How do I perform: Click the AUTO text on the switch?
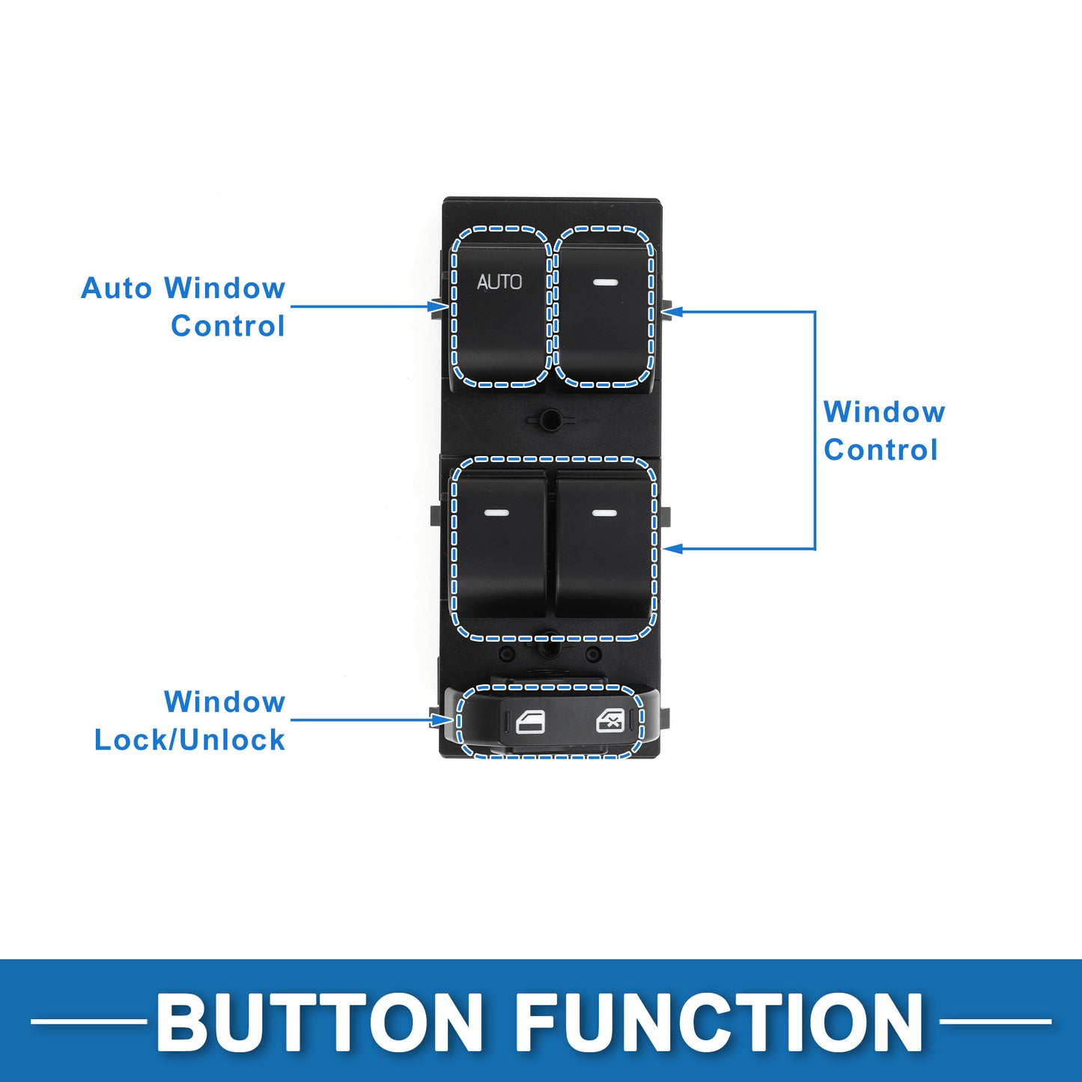point(499,282)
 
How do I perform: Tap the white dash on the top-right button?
point(605,282)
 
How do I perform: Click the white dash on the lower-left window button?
point(497,513)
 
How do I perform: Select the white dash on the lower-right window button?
point(604,513)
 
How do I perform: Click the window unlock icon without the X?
point(531,722)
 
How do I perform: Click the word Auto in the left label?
point(117,288)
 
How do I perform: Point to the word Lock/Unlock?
point(189,740)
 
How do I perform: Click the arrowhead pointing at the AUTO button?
point(437,306)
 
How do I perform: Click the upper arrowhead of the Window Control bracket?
point(672,311)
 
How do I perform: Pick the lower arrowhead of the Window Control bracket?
point(672,549)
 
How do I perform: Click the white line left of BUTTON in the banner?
point(88,1022)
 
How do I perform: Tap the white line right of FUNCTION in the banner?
point(995,1022)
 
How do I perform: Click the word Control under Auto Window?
point(228,326)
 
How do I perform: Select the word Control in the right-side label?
point(881,450)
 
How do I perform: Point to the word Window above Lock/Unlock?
point(225,702)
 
